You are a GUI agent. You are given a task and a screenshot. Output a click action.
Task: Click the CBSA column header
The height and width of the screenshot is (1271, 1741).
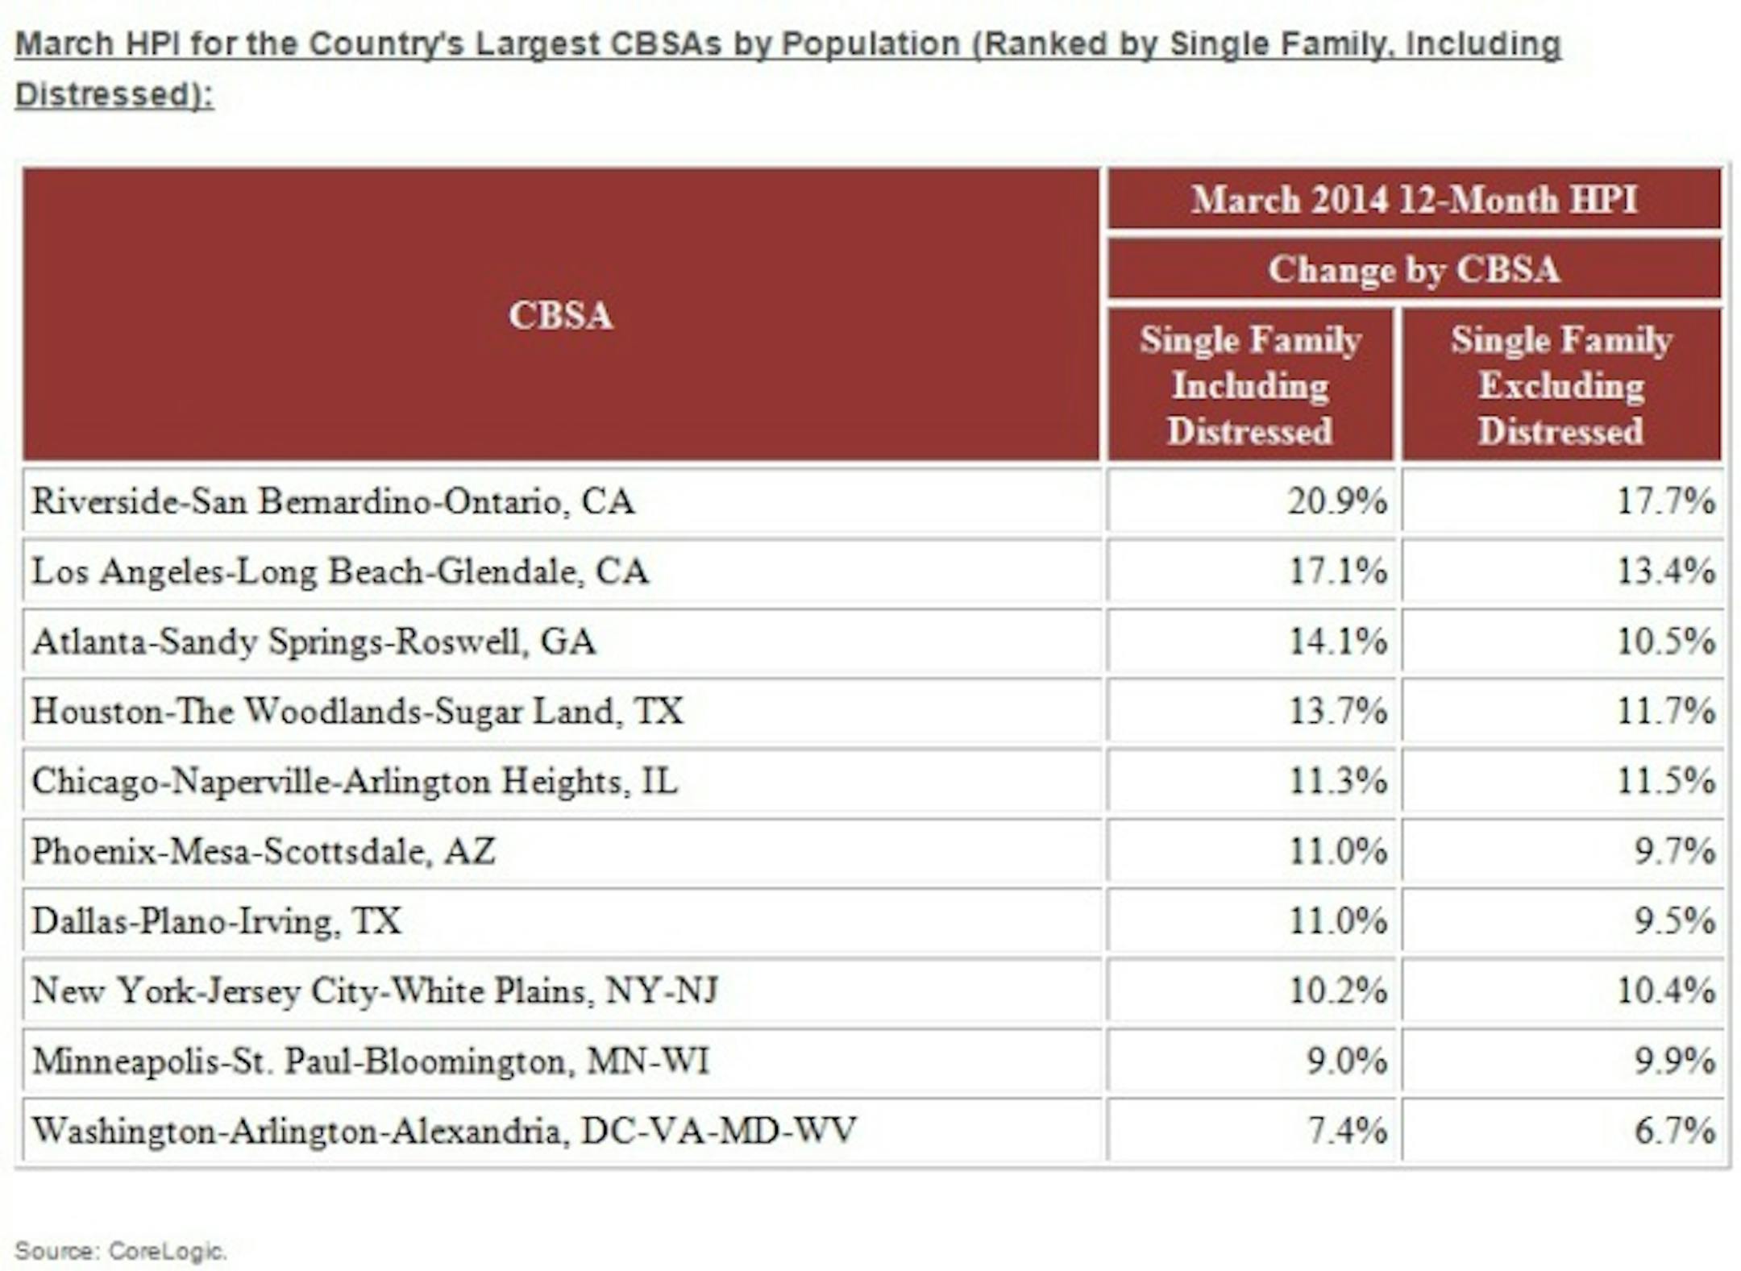coord(560,315)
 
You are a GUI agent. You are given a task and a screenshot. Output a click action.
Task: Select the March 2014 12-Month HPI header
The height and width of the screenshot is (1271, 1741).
coord(1414,199)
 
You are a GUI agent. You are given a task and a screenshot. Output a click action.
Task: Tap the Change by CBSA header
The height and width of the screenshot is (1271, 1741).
coord(1414,269)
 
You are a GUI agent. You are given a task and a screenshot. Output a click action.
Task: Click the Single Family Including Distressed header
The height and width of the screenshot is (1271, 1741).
coord(1250,385)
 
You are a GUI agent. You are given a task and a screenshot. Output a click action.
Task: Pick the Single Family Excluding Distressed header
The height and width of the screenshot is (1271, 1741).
coord(1561,385)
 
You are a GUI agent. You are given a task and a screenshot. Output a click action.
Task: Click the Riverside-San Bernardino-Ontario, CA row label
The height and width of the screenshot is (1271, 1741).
coord(333,501)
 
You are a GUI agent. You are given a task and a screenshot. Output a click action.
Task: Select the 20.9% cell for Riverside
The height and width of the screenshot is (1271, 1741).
coord(1337,501)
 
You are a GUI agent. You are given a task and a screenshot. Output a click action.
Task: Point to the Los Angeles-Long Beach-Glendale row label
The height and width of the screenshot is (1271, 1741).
coord(339,571)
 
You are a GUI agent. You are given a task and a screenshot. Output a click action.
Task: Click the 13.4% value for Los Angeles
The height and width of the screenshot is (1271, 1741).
coord(1665,571)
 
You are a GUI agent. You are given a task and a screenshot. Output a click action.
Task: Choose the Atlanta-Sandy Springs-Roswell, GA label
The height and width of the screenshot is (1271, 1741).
coord(314,642)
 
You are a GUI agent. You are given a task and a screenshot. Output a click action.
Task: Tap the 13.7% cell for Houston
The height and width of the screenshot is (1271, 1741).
coord(1337,711)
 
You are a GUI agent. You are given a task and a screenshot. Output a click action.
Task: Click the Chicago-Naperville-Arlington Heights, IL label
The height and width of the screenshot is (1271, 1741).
coord(355,781)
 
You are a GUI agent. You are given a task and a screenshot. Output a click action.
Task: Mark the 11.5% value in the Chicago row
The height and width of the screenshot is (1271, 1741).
coord(1665,781)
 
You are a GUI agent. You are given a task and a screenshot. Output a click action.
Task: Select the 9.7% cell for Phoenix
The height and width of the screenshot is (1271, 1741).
coord(1673,851)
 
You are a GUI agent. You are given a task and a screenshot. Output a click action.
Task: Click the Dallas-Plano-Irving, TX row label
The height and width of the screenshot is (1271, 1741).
coord(216,920)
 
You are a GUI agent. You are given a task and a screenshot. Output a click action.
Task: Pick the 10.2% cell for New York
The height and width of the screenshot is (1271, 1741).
coord(1337,991)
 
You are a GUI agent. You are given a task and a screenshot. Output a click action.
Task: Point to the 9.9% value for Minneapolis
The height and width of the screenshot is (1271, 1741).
coord(1673,1061)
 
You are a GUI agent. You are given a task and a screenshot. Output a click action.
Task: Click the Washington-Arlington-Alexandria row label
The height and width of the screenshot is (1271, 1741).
coord(443,1130)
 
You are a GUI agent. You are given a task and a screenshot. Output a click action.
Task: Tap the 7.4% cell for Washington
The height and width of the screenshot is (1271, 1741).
coord(1346,1130)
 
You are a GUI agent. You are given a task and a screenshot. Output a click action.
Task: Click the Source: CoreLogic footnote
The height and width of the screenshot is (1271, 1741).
coord(121,1251)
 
